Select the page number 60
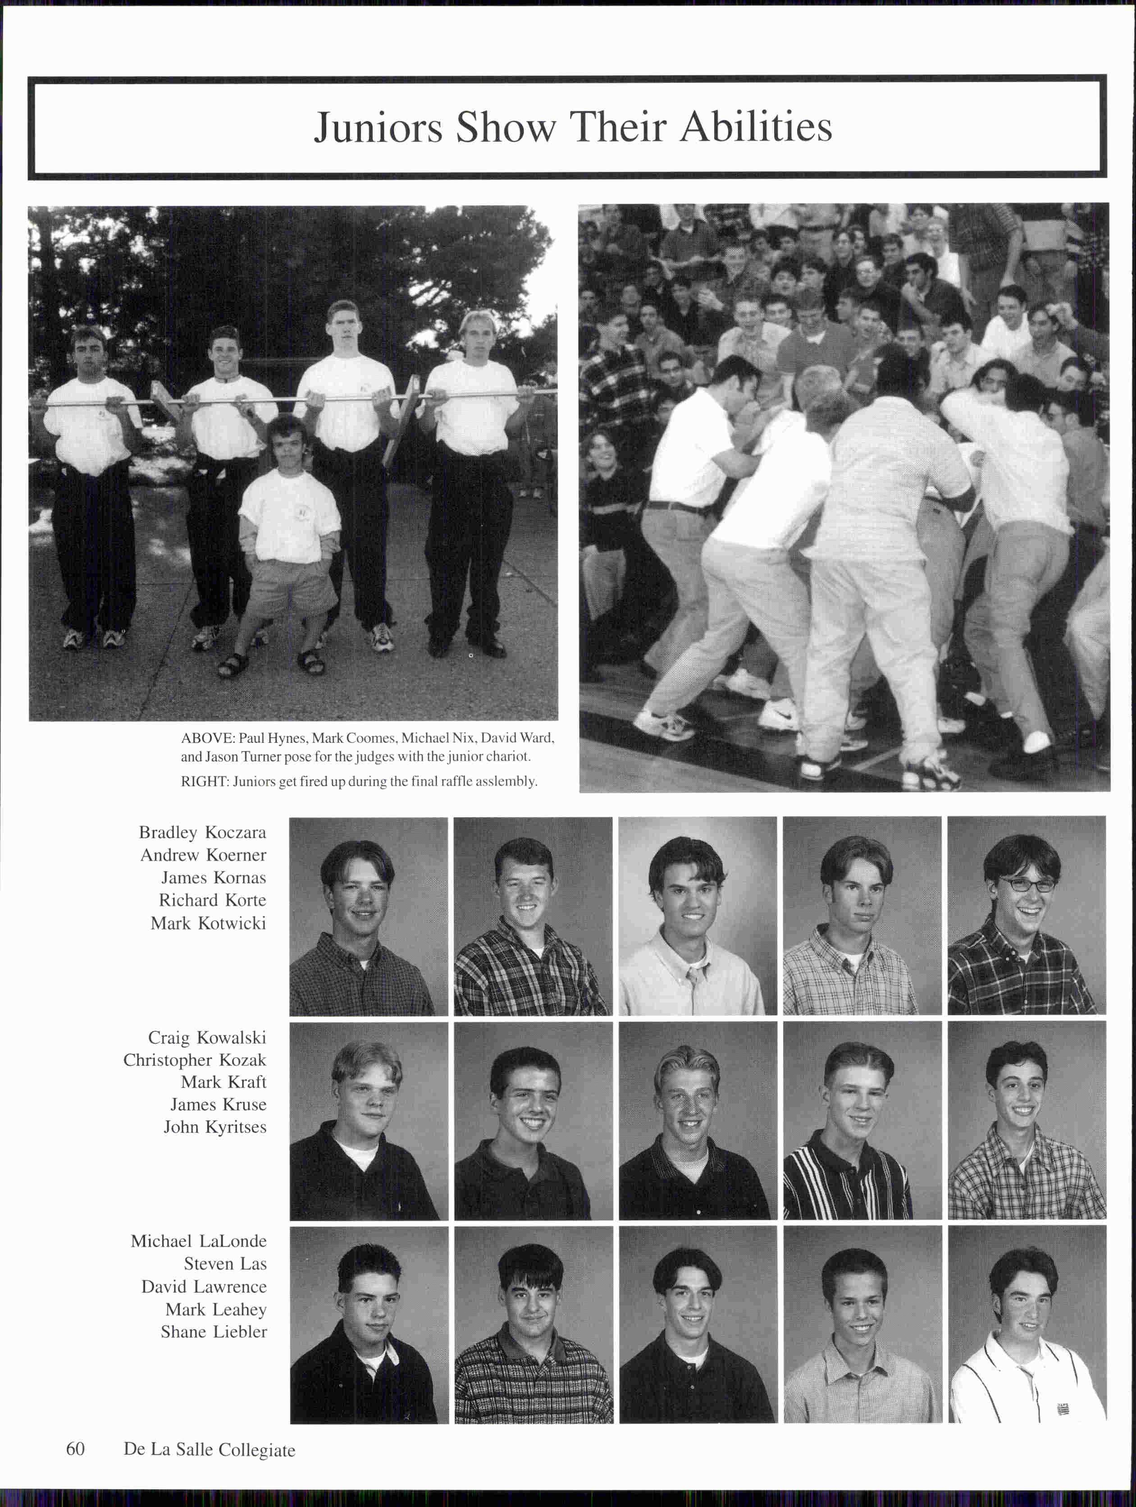click(x=76, y=1448)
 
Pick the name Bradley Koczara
click(x=202, y=833)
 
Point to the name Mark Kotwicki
click(x=208, y=923)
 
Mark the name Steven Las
click(x=225, y=1264)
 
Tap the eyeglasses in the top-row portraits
click(x=1025, y=885)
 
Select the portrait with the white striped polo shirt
click(x=1027, y=1325)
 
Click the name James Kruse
click(x=218, y=1104)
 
